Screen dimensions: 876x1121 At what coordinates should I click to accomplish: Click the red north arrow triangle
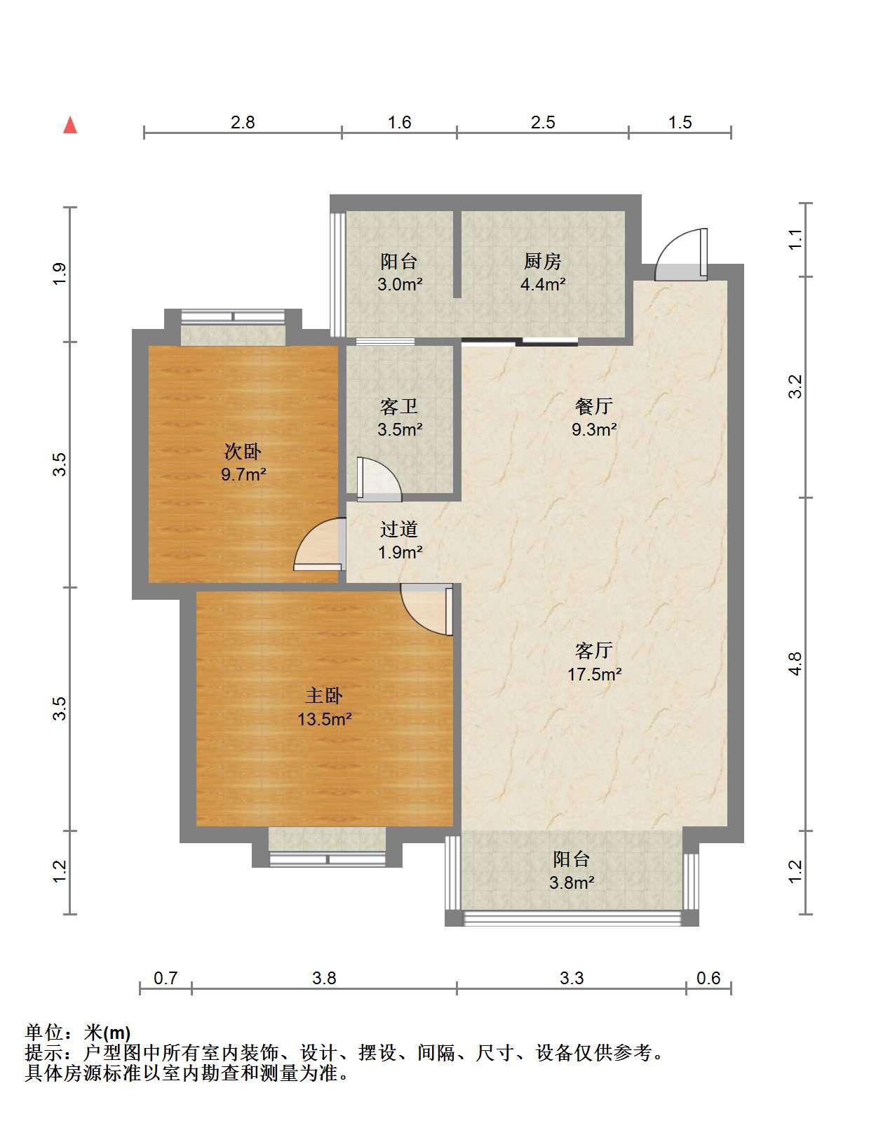click(x=70, y=126)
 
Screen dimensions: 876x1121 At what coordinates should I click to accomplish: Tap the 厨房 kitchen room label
click(x=542, y=262)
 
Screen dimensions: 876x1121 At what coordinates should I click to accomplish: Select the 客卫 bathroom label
click(x=398, y=407)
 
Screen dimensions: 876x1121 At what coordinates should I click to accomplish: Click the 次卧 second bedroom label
click(x=243, y=452)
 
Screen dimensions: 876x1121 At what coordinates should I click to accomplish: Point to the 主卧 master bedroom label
click(x=324, y=696)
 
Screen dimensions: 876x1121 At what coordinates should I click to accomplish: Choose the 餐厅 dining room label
click(x=593, y=406)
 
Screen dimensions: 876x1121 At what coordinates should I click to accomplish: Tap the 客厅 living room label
click(x=593, y=650)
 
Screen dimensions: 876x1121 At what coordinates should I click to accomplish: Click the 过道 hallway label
click(x=398, y=530)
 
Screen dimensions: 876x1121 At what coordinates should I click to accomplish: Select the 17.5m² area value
click(x=595, y=674)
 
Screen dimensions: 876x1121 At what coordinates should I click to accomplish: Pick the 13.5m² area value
click(x=324, y=719)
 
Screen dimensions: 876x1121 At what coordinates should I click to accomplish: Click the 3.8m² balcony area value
click(x=572, y=882)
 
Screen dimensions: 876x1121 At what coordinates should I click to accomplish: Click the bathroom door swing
click(x=379, y=479)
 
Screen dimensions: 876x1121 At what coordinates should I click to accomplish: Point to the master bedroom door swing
click(x=426, y=609)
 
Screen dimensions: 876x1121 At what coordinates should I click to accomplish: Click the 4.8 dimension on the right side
click(x=796, y=664)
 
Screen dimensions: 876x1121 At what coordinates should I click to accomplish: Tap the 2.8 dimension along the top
click(x=243, y=123)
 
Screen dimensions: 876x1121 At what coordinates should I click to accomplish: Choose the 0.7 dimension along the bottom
click(x=166, y=978)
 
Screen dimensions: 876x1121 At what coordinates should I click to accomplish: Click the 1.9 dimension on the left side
click(x=60, y=274)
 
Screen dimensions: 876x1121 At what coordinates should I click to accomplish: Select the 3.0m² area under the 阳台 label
click(x=400, y=284)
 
